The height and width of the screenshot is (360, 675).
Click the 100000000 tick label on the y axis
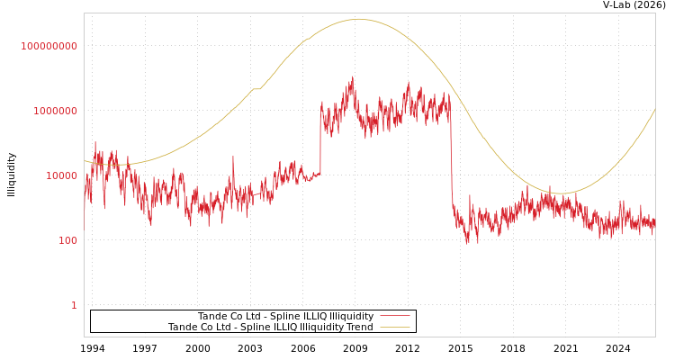click(49, 46)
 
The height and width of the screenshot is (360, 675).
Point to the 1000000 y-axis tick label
click(55, 111)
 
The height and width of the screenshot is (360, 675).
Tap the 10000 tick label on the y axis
click(61, 175)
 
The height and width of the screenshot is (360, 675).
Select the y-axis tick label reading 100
click(67, 240)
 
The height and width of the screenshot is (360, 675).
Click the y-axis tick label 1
click(74, 305)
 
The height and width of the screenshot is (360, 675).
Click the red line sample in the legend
click(394, 316)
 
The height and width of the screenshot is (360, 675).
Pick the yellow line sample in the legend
click(394, 327)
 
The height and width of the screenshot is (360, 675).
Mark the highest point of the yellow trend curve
click(358, 19)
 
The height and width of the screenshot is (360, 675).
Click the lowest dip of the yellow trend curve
click(560, 193)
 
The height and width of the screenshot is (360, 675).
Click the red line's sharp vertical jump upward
click(320, 135)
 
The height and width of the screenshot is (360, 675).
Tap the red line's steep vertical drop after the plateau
click(452, 162)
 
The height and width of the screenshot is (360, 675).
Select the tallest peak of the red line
click(352, 77)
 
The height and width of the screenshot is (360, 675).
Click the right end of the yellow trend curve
click(654, 109)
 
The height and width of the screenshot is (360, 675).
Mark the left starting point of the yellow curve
click(85, 161)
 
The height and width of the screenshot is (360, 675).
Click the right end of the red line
click(654, 225)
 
